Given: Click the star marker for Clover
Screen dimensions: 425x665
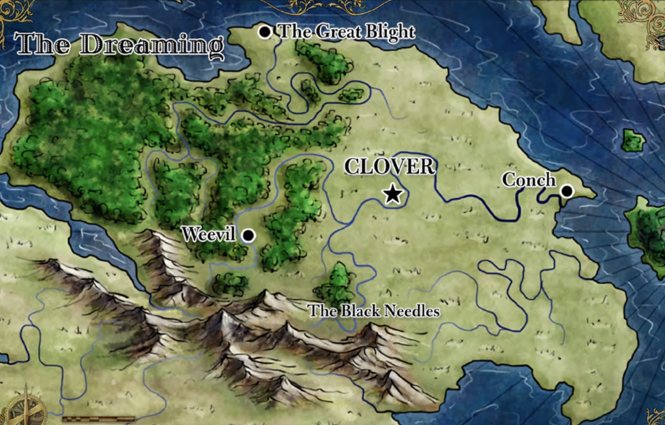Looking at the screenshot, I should (x=392, y=194).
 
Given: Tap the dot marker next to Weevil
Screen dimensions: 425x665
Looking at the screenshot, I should (x=248, y=236).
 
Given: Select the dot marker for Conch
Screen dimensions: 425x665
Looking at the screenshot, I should (x=566, y=191).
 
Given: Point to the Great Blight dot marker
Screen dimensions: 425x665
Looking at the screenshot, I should (x=265, y=32).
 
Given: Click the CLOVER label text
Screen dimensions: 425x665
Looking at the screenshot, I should (x=390, y=167).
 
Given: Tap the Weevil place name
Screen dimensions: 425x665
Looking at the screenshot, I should (x=211, y=234).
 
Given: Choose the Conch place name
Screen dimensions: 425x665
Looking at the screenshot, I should (x=529, y=180).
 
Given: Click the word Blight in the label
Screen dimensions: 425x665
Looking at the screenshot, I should (x=387, y=32).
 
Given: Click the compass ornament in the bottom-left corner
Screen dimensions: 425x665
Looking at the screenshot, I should (x=25, y=407).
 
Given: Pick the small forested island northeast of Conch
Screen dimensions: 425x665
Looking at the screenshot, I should (x=632, y=141).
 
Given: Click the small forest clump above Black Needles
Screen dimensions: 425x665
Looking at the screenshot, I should (x=335, y=283).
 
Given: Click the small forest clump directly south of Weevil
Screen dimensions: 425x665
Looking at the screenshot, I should (x=231, y=283).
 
